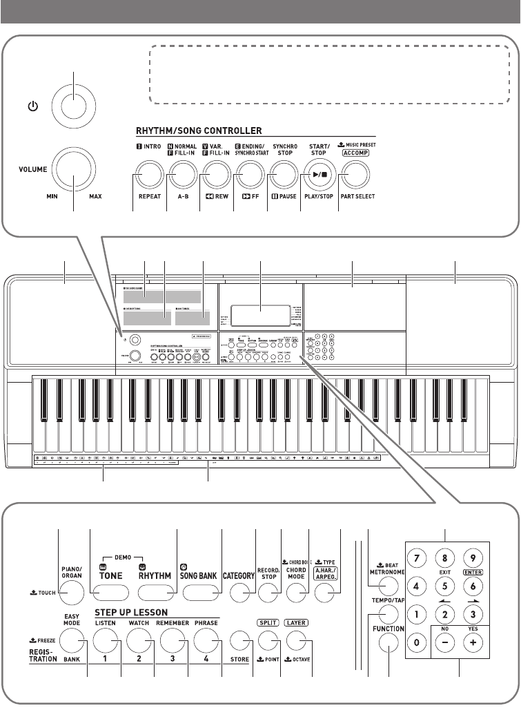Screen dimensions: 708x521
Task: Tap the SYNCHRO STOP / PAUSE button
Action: [282, 175]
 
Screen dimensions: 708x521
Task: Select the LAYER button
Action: [297, 642]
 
